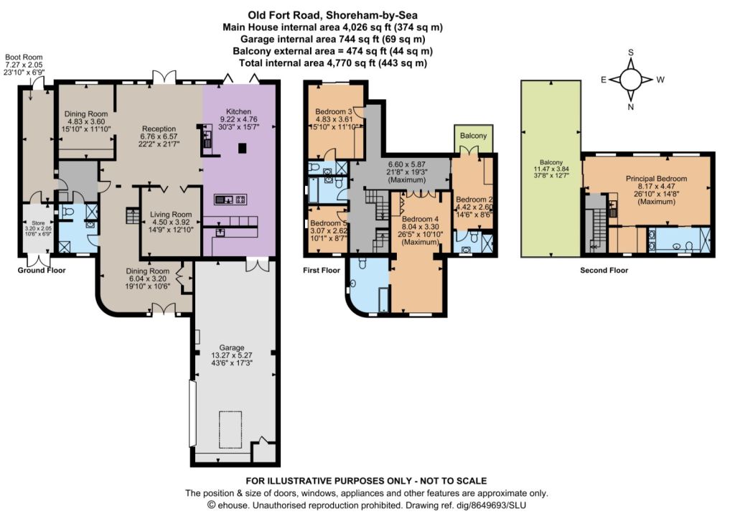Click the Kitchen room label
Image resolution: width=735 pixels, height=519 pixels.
click(238, 111)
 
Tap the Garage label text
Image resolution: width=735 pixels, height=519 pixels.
click(232, 348)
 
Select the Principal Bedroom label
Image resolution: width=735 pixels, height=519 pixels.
click(656, 179)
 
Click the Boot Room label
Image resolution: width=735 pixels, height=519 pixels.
click(24, 57)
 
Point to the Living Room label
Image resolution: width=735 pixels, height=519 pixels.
click(171, 215)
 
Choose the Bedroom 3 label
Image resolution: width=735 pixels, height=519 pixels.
click(334, 111)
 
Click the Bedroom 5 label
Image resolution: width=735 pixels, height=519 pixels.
click(329, 223)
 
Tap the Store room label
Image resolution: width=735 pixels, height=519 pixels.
click(38, 223)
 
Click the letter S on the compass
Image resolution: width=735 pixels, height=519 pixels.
click(631, 52)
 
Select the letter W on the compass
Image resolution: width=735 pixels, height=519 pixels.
click(660, 80)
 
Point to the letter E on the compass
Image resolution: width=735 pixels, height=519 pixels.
click(604, 80)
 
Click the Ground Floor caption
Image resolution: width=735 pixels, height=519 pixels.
click(42, 270)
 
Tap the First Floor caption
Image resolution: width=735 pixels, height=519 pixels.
click(322, 270)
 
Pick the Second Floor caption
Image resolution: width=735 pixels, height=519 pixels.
click(604, 270)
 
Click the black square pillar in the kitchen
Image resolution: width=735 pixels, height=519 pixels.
click(242, 149)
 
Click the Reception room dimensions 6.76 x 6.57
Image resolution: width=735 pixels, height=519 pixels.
click(159, 136)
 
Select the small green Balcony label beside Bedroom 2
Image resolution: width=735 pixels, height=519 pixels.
click(473, 136)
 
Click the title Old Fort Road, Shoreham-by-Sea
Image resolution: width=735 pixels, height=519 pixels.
click(333, 16)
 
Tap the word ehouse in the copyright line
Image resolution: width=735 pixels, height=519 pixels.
click(231, 505)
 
